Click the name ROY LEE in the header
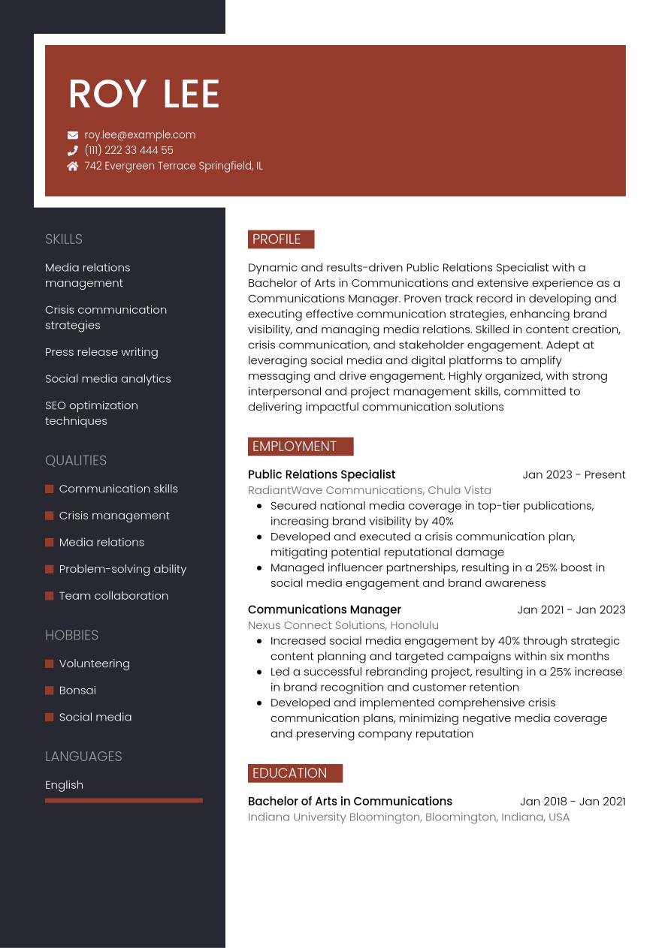[x=144, y=95]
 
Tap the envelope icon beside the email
[x=73, y=135]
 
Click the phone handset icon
[x=73, y=150]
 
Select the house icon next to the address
[x=73, y=166]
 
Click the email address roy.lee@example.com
[x=140, y=135]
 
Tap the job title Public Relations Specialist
[x=322, y=474]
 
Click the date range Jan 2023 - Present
[x=573, y=474]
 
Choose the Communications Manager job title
[x=325, y=609]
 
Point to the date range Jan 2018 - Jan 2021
[x=572, y=801]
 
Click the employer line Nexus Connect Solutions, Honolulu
[x=343, y=625]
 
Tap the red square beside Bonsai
[x=50, y=691]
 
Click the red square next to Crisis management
[x=50, y=516]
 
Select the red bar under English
[x=124, y=800]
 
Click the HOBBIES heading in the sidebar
[x=71, y=635]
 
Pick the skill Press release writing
[x=101, y=352]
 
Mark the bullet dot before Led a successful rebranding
[x=259, y=673]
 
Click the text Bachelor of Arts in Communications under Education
[x=350, y=801]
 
